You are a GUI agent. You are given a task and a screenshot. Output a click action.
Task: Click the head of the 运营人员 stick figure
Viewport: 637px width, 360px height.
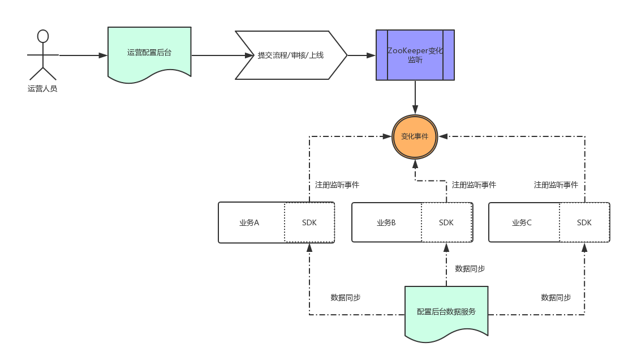click(42, 36)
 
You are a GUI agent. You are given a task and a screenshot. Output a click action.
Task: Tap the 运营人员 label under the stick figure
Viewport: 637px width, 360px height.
click(42, 88)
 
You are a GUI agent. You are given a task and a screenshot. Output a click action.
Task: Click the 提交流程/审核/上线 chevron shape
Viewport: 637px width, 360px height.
click(291, 55)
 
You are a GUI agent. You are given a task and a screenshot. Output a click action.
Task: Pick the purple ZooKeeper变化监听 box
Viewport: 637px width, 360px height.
click(415, 55)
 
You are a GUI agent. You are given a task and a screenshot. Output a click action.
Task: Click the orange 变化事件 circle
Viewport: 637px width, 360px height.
click(415, 136)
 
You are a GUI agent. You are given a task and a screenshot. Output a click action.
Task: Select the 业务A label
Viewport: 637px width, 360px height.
click(249, 222)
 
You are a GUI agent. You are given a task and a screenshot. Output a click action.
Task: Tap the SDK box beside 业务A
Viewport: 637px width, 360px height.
click(309, 222)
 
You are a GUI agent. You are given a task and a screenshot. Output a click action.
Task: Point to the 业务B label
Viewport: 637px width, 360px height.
click(386, 222)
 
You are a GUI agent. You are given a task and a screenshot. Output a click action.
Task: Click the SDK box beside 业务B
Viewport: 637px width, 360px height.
click(446, 222)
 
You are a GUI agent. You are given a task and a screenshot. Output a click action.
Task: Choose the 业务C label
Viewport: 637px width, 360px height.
click(522, 222)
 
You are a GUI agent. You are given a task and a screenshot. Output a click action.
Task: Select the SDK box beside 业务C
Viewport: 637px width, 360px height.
click(584, 222)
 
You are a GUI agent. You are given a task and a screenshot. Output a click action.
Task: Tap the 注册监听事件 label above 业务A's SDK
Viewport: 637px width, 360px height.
click(337, 185)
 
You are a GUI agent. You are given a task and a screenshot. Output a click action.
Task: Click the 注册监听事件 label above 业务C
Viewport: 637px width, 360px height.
click(556, 185)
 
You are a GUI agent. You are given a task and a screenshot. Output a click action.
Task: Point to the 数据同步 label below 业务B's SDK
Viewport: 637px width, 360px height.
click(470, 268)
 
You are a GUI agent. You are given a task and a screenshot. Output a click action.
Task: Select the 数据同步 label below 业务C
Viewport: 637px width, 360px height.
click(556, 297)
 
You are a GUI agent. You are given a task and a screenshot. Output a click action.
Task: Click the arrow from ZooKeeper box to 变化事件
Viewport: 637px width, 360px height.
click(415, 97)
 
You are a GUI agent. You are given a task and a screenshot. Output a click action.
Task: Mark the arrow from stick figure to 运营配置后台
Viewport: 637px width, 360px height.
click(83, 55)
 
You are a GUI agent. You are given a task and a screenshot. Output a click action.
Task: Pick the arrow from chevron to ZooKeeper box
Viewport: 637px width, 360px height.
click(361, 55)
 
